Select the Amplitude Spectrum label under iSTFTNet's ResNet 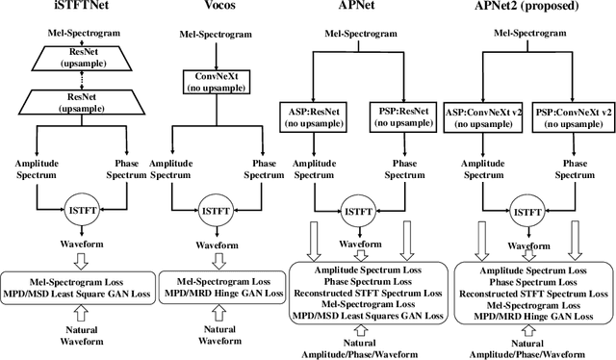tap(34, 170)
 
